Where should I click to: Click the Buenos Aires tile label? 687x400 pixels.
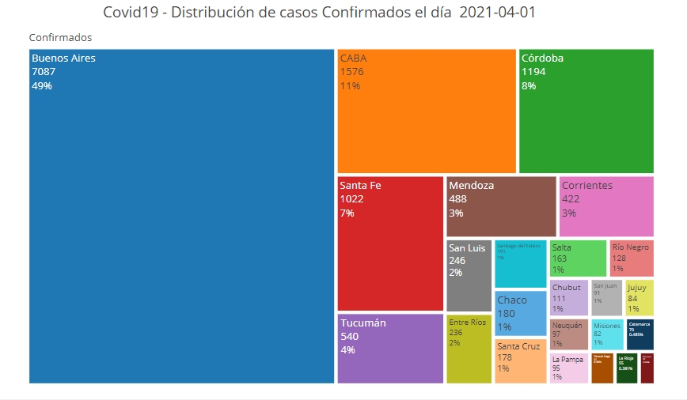click(x=63, y=58)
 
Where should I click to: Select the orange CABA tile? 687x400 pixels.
click(x=427, y=111)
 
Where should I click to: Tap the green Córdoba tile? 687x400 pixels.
click(x=586, y=111)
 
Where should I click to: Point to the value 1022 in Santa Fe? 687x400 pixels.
click(x=353, y=199)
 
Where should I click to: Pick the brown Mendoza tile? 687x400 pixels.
click(x=501, y=206)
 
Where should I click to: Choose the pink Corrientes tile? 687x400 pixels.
click(x=606, y=206)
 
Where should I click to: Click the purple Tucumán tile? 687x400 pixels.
click(x=390, y=348)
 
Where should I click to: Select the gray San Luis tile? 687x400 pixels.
click(x=469, y=275)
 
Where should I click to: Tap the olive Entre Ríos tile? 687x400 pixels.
click(x=469, y=348)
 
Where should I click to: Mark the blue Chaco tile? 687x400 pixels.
click(x=520, y=312)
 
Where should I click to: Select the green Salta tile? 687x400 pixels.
click(x=578, y=258)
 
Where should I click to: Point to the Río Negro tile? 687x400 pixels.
click(x=631, y=258)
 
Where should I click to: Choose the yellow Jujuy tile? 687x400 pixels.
click(x=639, y=298)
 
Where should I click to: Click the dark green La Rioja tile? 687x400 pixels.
click(x=627, y=368)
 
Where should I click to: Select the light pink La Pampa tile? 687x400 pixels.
click(x=569, y=368)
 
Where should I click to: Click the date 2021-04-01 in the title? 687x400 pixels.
click(x=502, y=13)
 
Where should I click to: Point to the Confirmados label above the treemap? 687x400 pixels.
click(x=60, y=38)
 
